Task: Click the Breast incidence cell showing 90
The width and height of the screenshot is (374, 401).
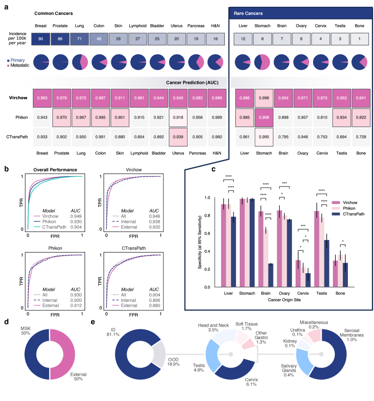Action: pos(41,40)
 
